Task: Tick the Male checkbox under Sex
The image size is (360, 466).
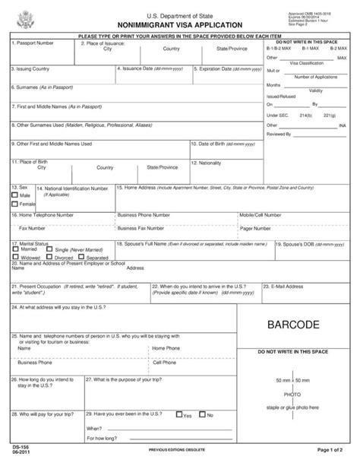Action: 14,195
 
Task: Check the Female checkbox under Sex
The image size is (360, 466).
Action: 14,204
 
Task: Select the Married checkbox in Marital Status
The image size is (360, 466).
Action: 15,249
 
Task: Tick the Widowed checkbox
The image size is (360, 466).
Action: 15,258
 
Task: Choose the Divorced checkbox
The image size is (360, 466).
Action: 49,258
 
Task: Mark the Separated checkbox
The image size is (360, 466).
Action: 81,258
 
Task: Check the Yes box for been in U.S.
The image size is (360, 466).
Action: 178,415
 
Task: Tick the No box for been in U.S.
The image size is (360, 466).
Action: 203,415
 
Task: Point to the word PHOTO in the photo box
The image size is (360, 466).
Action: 292,395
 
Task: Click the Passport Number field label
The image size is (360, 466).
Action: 33,43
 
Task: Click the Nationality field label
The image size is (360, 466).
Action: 210,162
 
